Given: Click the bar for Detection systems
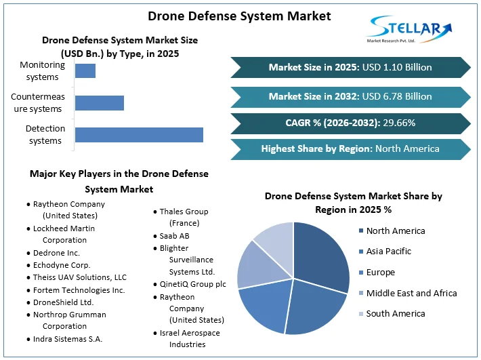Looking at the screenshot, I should [x=139, y=134].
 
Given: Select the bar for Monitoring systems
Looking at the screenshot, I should [x=85, y=71].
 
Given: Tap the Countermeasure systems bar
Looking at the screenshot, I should [x=100, y=102].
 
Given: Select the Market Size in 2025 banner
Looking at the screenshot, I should [x=350, y=67].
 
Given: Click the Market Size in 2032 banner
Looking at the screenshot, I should [x=350, y=96].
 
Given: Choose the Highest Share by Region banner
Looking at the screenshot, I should [x=350, y=148].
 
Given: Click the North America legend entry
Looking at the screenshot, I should [x=395, y=231].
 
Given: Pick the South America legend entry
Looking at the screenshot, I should [x=395, y=313].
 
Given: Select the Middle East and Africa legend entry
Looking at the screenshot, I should [x=411, y=293].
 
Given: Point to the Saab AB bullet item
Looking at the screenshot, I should [x=173, y=235].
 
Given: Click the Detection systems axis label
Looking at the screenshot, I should [x=45, y=134].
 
